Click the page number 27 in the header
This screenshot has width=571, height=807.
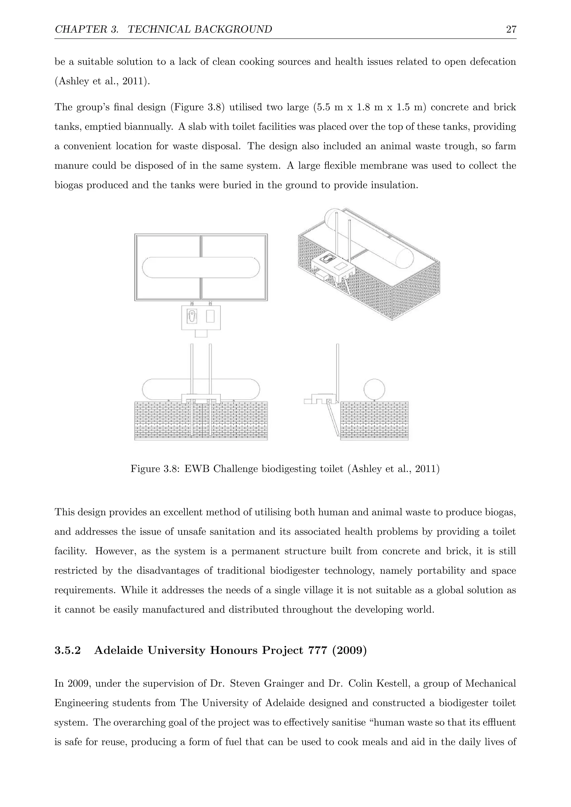tap(511, 29)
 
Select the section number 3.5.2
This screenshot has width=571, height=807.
tap(67, 651)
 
